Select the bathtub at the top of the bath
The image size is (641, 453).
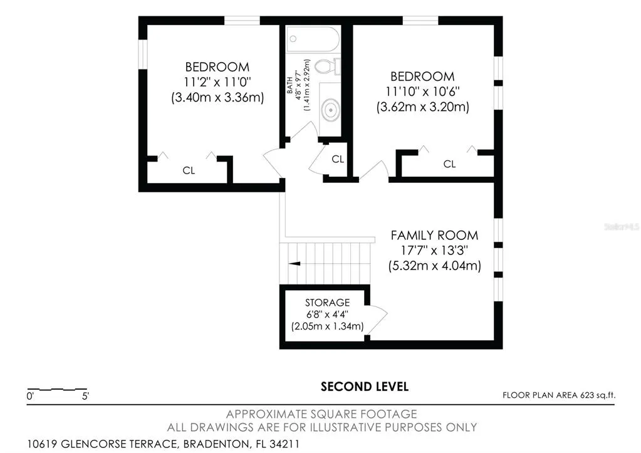(x=313, y=39)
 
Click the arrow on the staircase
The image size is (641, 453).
(x=294, y=264)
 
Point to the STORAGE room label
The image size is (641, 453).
(x=328, y=303)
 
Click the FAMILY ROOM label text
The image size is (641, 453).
(x=434, y=235)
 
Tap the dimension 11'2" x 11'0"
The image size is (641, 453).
(x=217, y=82)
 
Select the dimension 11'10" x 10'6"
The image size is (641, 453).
(x=423, y=91)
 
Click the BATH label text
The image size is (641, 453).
(x=289, y=85)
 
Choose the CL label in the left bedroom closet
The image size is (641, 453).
(x=189, y=170)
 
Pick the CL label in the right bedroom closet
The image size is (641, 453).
(x=449, y=164)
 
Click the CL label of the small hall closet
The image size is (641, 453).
(x=338, y=159)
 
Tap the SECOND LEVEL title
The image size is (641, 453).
(x=364, y=387)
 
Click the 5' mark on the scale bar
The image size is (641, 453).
(x=85, y=396)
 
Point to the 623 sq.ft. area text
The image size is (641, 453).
(x=598, y=395)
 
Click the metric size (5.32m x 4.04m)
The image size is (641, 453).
(x=435, y=266)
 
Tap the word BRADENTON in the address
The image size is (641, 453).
(x=215, y=444)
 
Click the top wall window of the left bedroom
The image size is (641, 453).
(x=242, y=21)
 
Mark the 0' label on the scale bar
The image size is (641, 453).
(x=30, y=396)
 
